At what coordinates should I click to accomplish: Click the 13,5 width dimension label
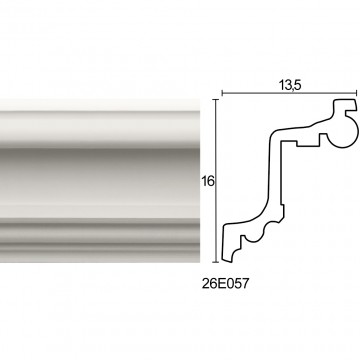coord(290,85)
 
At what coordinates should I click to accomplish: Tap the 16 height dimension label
coord(207,181)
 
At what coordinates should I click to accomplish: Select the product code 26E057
coord(225,284)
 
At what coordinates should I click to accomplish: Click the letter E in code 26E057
coord(222,284)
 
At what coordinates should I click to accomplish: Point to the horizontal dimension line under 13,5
coord(289,93)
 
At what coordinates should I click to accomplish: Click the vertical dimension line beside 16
coord(217,181)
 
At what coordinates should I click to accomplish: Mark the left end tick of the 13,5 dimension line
coord(222,93)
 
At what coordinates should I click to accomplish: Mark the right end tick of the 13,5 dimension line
coord(357,93)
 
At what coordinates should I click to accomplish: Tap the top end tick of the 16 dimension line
coord(217,100)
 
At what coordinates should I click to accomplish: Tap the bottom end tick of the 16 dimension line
coord(217,262)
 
